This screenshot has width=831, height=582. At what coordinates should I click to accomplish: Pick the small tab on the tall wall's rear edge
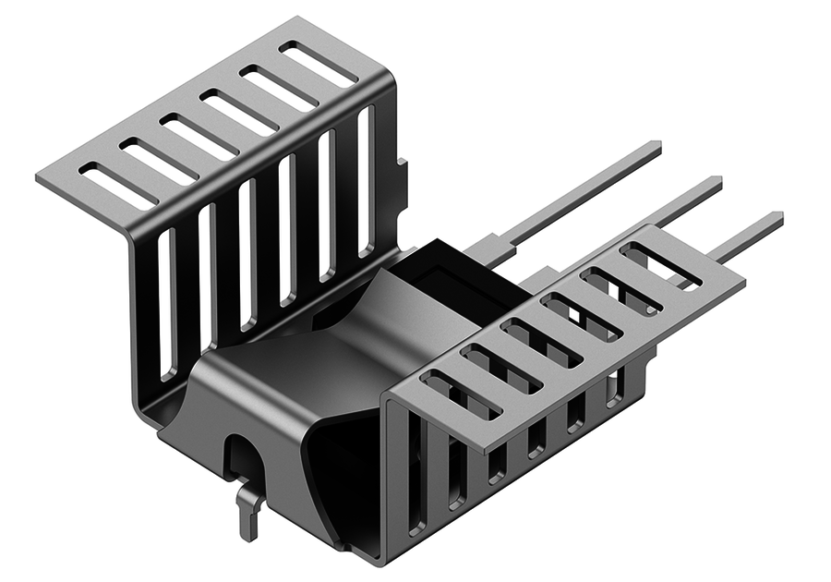click(402, 176)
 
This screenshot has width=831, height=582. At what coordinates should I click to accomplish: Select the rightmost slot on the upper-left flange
click(319, 64)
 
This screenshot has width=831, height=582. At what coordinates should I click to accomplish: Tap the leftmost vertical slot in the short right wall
click(415, 471)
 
